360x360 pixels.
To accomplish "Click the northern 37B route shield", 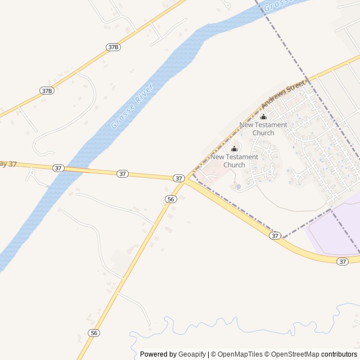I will [x=113, y=47].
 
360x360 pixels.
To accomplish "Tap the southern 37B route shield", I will [x=47, y=90].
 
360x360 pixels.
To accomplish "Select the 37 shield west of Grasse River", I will [x=58, y=168].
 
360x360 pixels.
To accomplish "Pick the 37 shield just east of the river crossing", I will [x=123, y=174].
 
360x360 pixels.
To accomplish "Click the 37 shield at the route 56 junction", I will [x=179, y=178].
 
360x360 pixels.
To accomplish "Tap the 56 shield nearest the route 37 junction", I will [x=171, y=199].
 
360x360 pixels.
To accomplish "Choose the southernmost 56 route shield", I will [x=94, y=333].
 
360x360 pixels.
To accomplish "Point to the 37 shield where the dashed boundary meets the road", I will [x=274, y=236].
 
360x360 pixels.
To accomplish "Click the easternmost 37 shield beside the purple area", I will [x=343, y=262].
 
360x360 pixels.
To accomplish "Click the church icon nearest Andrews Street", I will [x=263, y=116].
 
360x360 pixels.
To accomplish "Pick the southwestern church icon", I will [x=235, y=148].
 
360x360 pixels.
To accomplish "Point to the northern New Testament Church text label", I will [x=263, y=129].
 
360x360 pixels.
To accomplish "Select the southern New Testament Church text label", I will [x=235, y=161].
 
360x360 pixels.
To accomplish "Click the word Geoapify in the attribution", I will [x=192, y=354].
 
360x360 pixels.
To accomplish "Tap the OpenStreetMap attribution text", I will [x=295, y=354].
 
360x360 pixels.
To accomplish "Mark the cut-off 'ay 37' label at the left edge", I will [x=8, y=164].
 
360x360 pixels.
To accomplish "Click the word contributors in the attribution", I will [x=339, y=354].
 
